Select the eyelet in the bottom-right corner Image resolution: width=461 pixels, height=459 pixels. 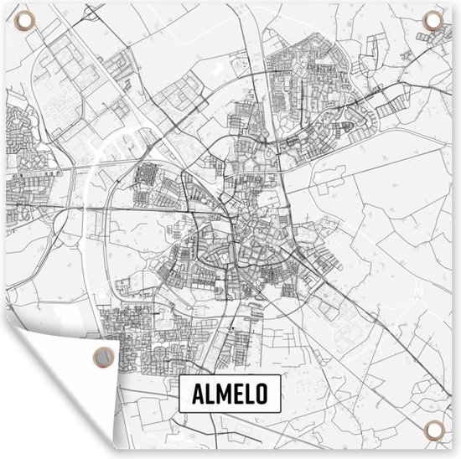(435, 433)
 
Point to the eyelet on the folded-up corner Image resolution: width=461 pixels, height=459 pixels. (101, 357)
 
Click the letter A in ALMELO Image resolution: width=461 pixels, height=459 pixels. (196, 396)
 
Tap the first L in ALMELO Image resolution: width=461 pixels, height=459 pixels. (210, 396)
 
